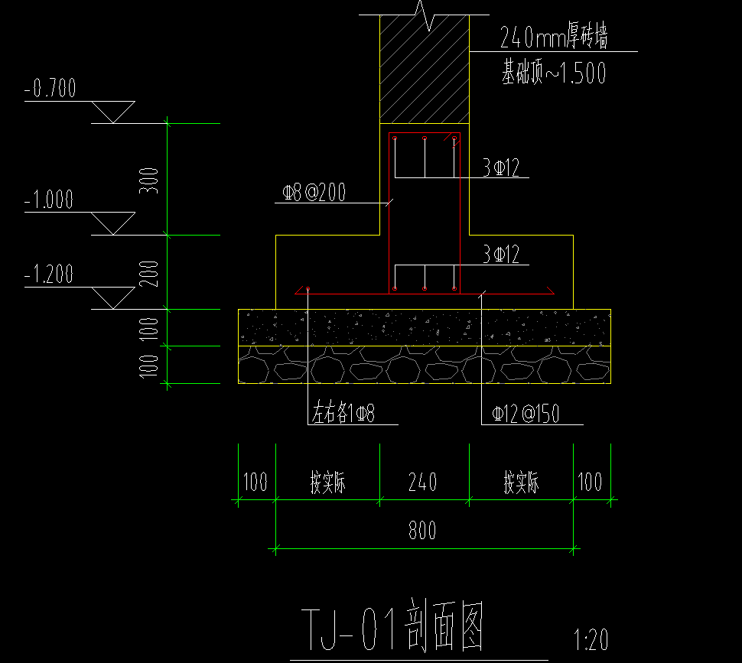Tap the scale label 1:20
[591, 639]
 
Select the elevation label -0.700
[50, 89]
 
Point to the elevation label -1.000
[49, 200]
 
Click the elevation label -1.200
[49, 274]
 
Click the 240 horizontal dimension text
[423, 483]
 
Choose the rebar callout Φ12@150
[526, 414]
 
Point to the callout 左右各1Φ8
[343, 414]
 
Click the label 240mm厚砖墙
[553, 37]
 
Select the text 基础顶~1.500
[554, 73]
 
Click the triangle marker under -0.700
[113, 112]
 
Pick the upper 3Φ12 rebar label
[501, 168]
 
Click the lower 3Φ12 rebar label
[501, 255]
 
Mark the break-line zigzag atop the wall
[425, 15]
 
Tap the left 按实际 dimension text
[328, 483]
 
